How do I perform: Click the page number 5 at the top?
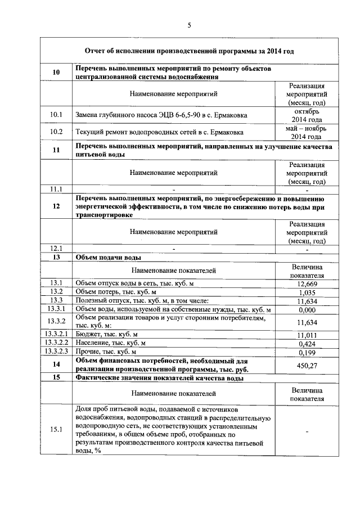(189, 25)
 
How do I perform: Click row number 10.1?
(56, 115)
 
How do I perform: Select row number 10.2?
(56, 132)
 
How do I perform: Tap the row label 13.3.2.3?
(56, 352)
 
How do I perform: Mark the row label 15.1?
(56, 430)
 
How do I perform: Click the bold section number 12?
(56, 206)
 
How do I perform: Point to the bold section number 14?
(56, 365)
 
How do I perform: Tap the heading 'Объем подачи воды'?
(108, 258)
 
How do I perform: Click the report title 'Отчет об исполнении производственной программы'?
(189, 51)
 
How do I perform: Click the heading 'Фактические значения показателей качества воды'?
(159, 379)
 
